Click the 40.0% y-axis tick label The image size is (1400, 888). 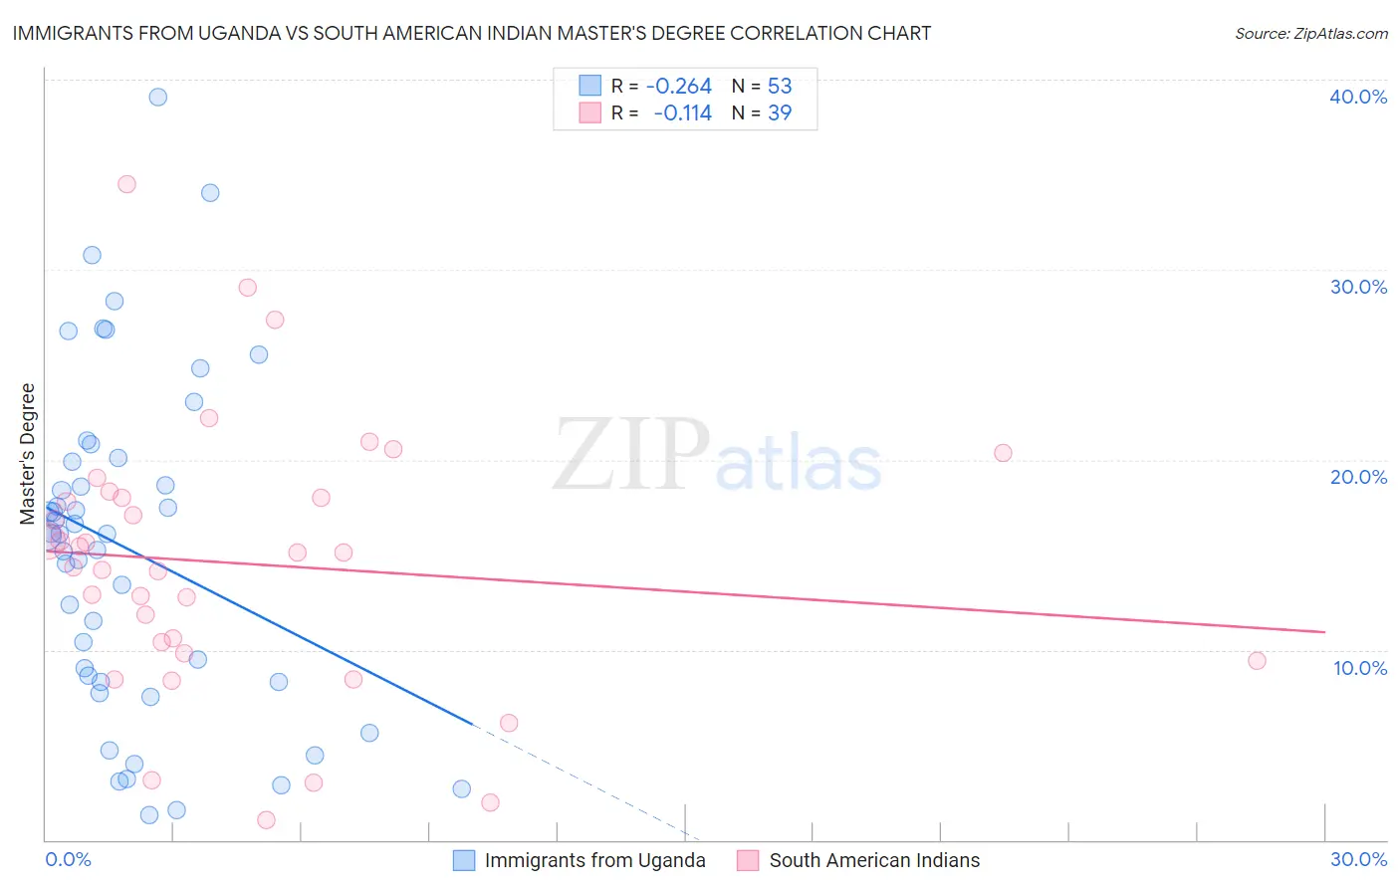click(x=1358, y=97)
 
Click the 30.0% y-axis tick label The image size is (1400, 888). click(x=1358, y=287)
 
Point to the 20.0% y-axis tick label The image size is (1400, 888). click(x=1358, y=477)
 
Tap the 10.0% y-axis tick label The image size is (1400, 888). click(x=1360, y=668)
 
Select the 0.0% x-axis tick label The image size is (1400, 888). click(x=68, y=859)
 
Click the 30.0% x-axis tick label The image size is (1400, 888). click(x=1358, y=859)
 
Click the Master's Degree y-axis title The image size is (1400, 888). click(x=28, y=454)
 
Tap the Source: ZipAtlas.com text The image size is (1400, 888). click(x=1310, y=34)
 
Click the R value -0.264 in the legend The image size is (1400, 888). click(x=679, y=87)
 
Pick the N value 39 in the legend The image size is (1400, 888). click(x=780, y=113)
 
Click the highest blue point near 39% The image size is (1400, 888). click(x=157, y=97)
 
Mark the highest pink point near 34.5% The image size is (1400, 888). click(x=126, y=184)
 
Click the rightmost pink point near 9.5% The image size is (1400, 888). click(x=1257, y=661)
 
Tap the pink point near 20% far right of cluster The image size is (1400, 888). click(x=1003, y=453)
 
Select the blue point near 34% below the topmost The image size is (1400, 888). click(x=210, y=193)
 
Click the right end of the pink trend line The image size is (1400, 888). click(x=1324, y=632)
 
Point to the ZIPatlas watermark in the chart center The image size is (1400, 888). click(x=717, y=455)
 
